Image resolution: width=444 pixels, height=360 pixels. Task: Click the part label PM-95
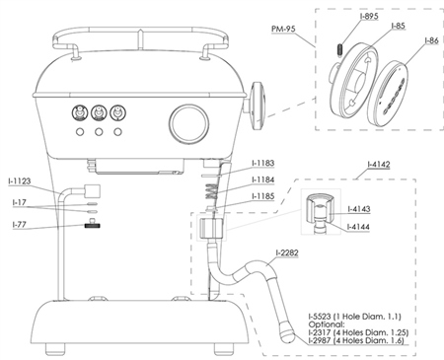283,29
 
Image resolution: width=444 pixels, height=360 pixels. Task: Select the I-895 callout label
369,16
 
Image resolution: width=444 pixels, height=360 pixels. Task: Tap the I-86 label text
431,40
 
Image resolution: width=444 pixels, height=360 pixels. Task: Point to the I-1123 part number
20,180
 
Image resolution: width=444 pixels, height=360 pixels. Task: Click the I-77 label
20,225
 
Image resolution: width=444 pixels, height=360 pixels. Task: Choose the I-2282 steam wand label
287,252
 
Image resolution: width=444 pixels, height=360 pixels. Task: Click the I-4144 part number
358,227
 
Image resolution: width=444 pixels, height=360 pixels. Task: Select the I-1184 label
262,180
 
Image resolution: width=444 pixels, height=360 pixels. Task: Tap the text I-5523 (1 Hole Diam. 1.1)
355,317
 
